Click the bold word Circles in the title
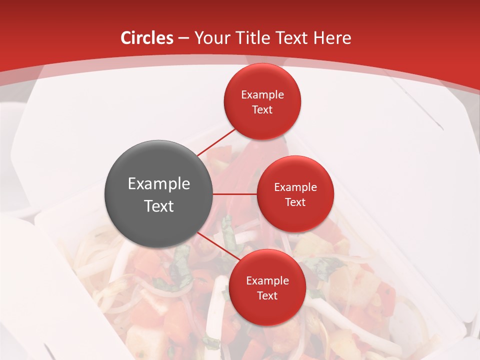[146, 38]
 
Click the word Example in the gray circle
[159, 184]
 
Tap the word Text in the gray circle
[159, 206]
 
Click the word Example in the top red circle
[262, 95]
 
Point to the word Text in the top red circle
[262, 110]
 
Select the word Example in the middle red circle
[295, 187]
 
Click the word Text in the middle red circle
[295, 202]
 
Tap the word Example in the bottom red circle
[267, 281]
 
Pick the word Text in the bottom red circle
[267, 296]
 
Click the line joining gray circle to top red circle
[216, 142]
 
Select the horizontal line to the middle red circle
[235, 194]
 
